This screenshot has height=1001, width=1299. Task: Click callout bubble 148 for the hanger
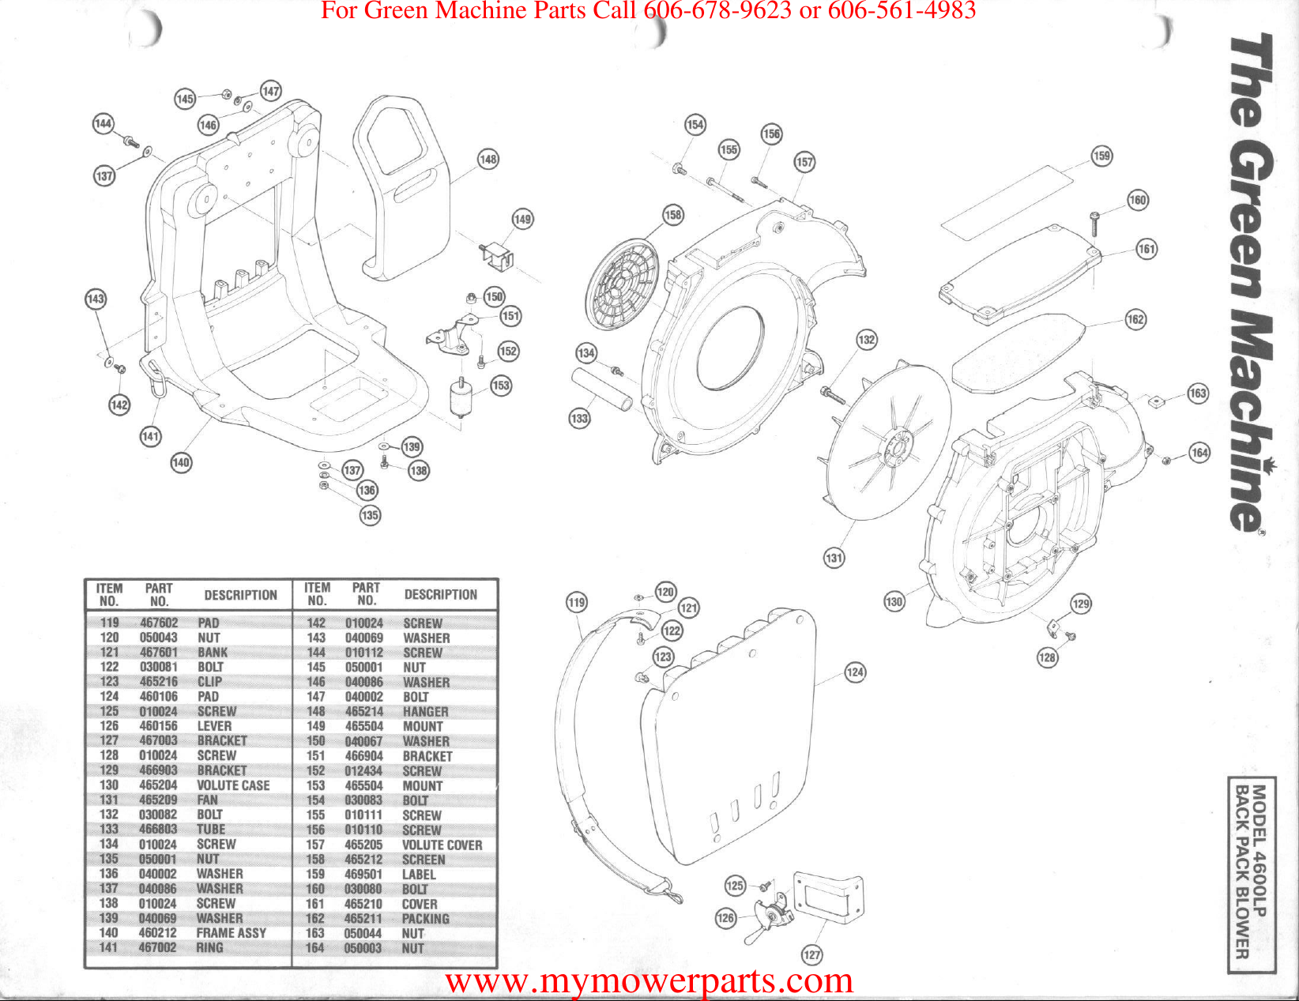(x=488, y=160)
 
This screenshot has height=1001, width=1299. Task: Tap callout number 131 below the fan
(x=834, y=558)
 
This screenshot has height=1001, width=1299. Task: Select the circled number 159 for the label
(x=1101, y=156)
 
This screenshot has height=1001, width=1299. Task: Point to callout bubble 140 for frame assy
(x=181, y=462)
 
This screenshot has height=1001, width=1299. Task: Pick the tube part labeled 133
(x=602, y=389)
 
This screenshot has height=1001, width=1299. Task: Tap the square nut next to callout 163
(x=1155, y=401)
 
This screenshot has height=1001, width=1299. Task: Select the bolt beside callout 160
(x=1094, y=223)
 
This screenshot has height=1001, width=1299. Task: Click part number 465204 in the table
(x=158, y=785)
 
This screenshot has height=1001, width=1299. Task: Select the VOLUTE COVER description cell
(x=442, y=845)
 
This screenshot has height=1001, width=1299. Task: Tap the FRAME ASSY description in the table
(x=231, y=933)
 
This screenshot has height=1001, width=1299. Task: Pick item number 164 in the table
(x=314, y=948)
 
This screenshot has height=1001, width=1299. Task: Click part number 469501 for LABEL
(x=363, y=875)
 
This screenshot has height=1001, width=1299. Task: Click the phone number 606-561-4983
(x=901, y=10)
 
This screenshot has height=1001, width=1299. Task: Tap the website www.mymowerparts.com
(x=649, y=981)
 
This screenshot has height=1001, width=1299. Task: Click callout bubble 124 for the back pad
(x=855, y=672)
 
